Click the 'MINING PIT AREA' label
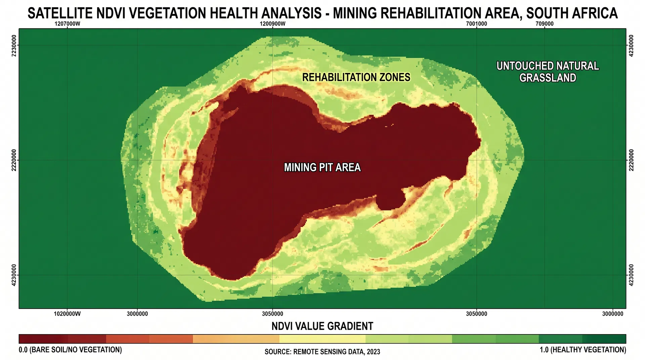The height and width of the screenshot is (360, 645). pyautogui.click(x=322, y=167)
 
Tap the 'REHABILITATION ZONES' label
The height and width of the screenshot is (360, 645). pyautogui.click(x=356, y=77)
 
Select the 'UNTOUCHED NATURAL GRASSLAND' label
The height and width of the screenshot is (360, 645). pyautogui.click(x=548, y=72)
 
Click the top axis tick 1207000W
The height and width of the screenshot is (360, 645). pyautogui.click(x=68, y=24)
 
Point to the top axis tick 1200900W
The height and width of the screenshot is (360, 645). pyautogui.click(x=272, y=24)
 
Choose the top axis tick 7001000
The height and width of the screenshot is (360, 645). pyautogui.click(x=476, y=24)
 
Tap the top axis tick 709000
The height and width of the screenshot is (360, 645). pyautogui.click(x=545, y=24)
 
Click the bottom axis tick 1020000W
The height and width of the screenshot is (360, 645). pyautogui.click(x=68, y=314)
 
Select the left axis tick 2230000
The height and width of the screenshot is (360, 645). pyautogui.click(x=14, y=46)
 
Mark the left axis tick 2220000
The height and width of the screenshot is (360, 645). pyautogui.click(x=14, y=160)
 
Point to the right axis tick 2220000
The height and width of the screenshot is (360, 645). pyautogui.click(x=631, y=160)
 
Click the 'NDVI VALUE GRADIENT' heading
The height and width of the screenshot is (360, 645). pyautogui.click(x=322, y=326)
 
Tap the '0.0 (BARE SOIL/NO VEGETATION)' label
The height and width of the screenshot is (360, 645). pyautogui.click(x=70, y=350)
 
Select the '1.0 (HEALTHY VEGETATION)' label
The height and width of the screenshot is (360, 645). pyautogui.click(x=583, y=350)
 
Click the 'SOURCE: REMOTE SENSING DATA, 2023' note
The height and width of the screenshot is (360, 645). pyautogui.click(x=322, y=352)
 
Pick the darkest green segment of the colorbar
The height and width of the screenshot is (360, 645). pyautogui.click(x=604, y=339)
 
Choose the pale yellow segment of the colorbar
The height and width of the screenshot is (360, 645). pyautogui.click(x=322, y=339)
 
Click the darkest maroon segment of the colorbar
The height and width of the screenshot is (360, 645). pyautogui.click(x=43, y=339)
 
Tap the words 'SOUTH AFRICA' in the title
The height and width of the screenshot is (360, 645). pyautogui.click(x=572, y=13)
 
